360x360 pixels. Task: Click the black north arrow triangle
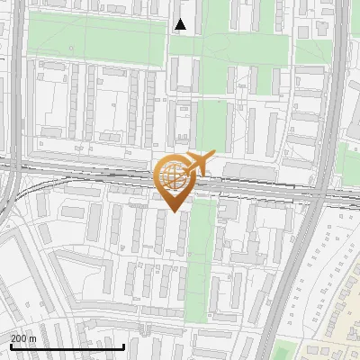pos(181,24)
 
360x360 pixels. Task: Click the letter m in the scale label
pos(33,338)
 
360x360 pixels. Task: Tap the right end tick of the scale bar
pos(123,345)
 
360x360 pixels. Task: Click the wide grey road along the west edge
pos(16,81)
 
